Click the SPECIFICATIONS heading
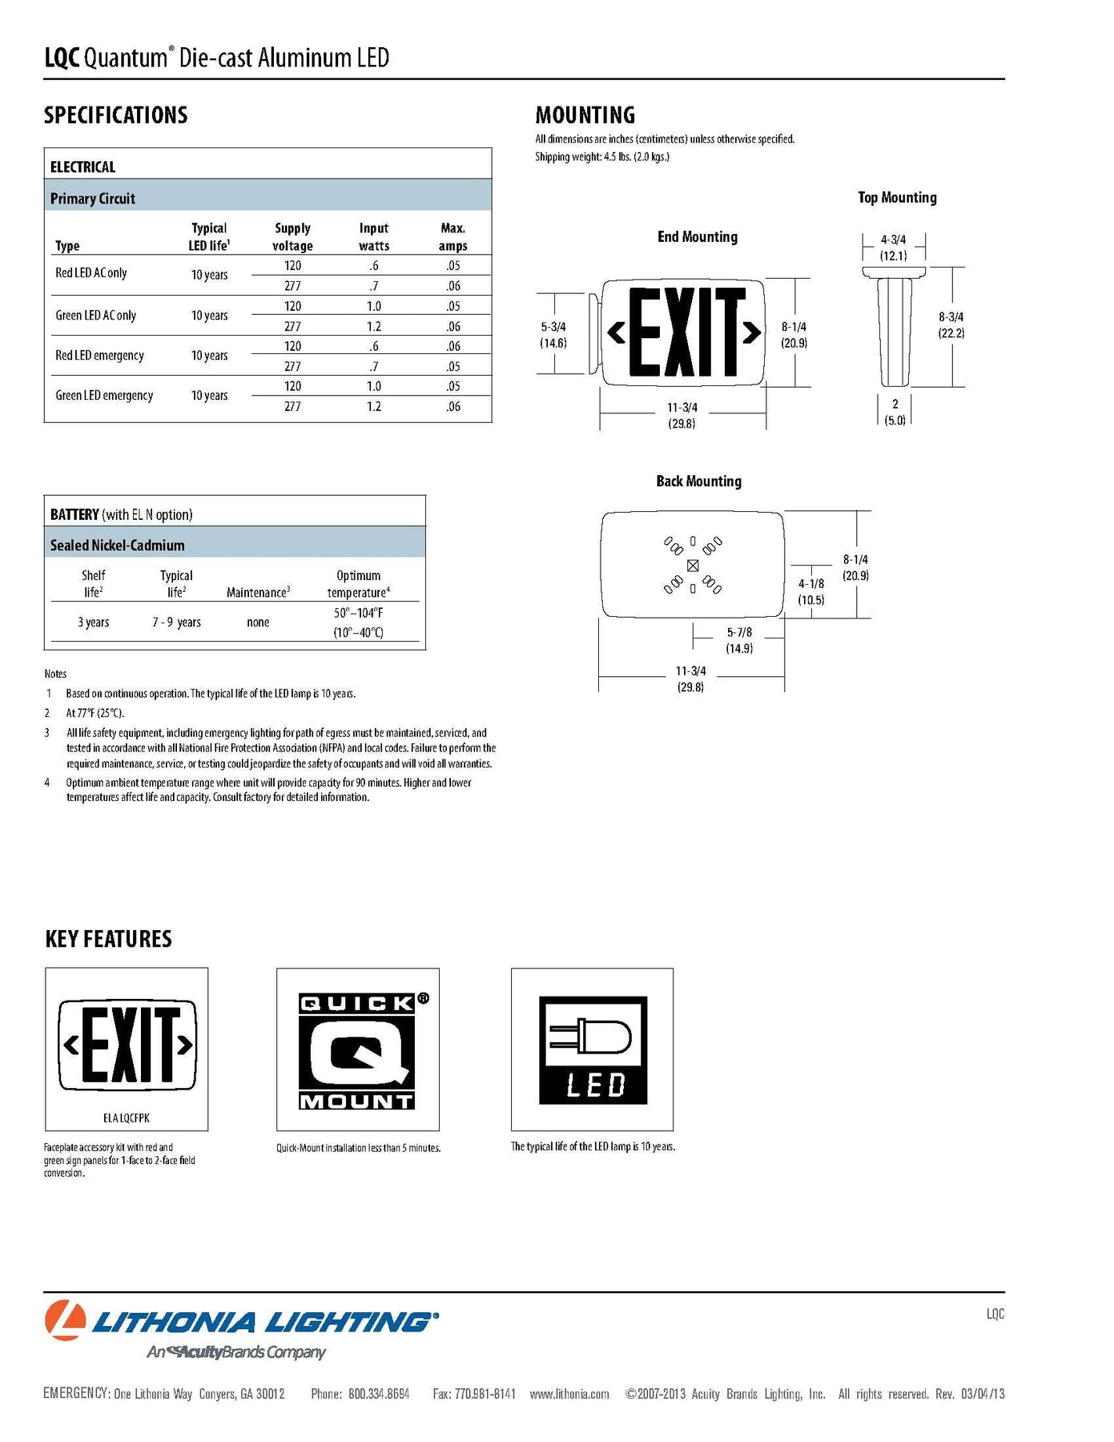(x=115, y=115)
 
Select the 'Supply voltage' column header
(x=292, y=237)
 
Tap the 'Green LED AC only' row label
(x=95, y=316)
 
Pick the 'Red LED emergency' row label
(x=99, y=356)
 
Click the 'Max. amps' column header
(x=452, y=237)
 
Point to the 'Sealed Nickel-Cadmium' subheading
(x=117, y=546)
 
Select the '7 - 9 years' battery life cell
(x=176, y=622)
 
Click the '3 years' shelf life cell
(x=93, y=622)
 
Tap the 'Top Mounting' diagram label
(x=897, y=198)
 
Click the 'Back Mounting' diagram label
(x=698, y=481)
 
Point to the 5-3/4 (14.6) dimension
(x=553, y=335)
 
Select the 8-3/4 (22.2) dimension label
(x=951, y=325)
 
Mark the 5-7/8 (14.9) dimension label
(x=738, y=640)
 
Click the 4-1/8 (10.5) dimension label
(x=810, y=592)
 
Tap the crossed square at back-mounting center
(x=693, y=566)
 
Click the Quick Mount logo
(x=357, y=1050)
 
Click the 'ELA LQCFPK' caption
(x=127, y=1118)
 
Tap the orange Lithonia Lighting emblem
(x=65, y=1320)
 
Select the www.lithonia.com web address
(x=569, y=1395)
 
